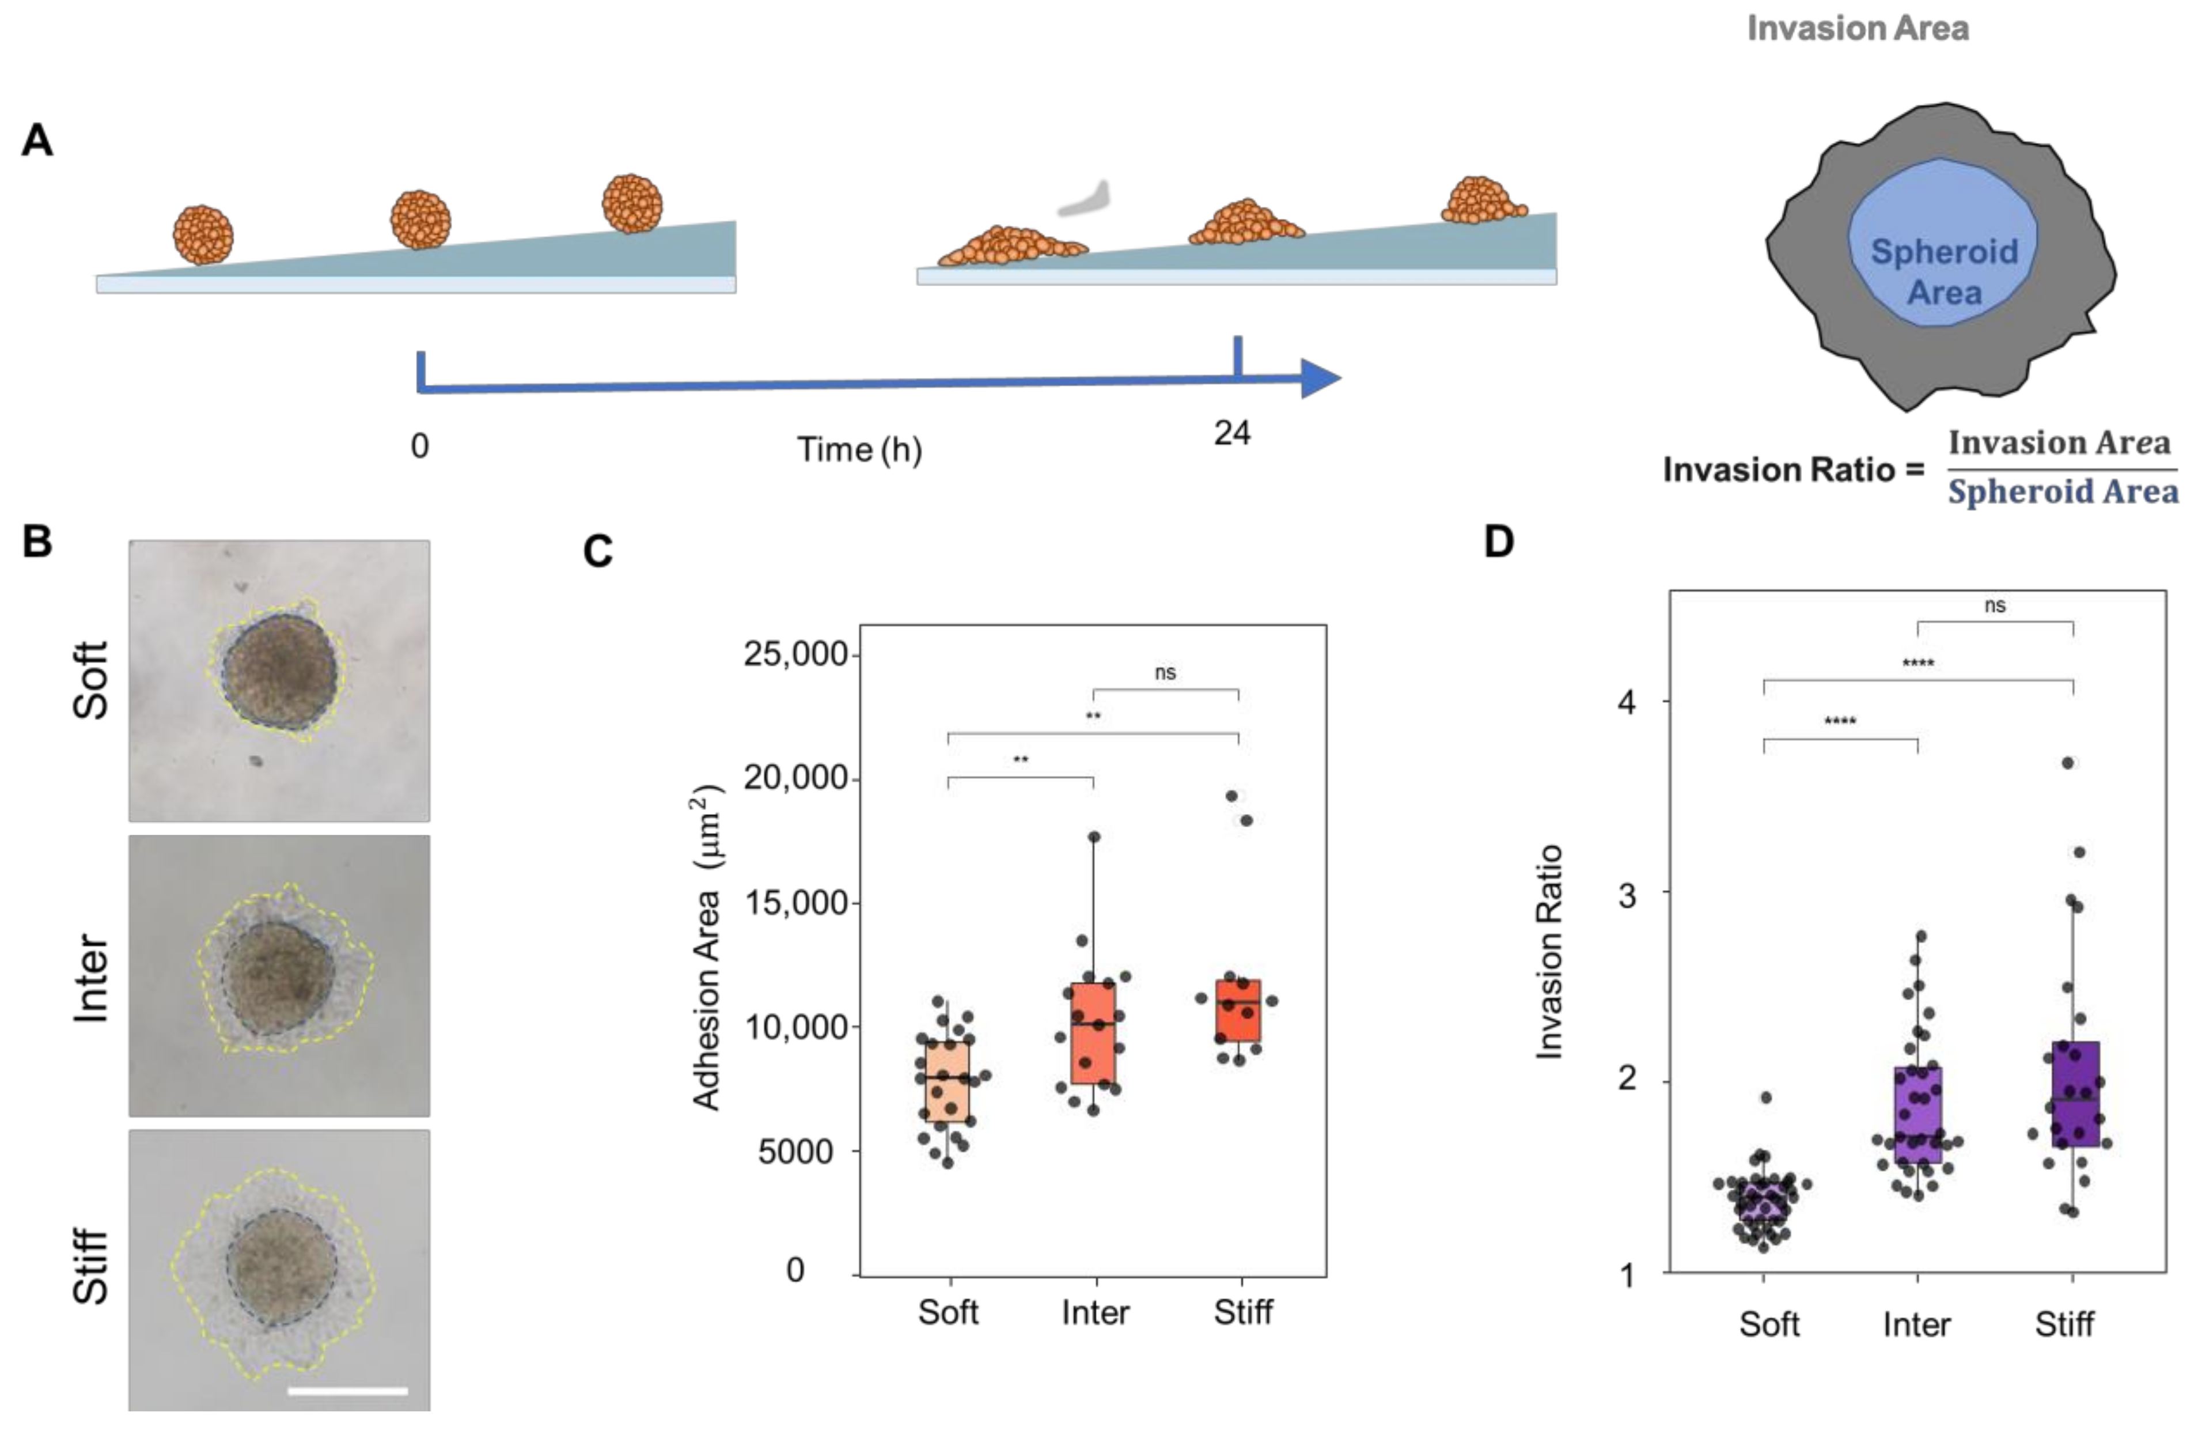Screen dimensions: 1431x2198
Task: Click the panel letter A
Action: click(x=37, y=141)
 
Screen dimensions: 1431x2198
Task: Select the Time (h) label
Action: click(x=859, y=450)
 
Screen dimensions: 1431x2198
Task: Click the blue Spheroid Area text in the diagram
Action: click(x=1944, y=271)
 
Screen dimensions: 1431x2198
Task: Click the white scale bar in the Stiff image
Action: click(x=347, y=1390)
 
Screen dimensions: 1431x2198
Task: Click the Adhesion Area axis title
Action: click(x=707, y=948)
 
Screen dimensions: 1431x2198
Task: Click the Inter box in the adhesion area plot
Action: click(x=1093, y=1033)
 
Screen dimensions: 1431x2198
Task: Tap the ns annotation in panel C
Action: click(x=1165, y=672)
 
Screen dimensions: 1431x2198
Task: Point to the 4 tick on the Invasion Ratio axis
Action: click(x=1627, y=702)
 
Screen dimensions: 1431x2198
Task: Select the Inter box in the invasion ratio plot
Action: click(x=1918, y=1114)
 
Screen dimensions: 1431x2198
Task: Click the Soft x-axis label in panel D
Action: click(x=1768, y=1324)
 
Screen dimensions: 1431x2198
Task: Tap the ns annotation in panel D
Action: click(x=1995, y=605)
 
